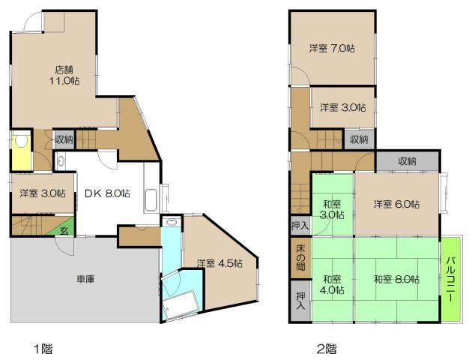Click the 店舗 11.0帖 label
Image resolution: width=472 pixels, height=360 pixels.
point(65,73)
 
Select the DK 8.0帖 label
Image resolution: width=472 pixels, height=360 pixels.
point(106,193)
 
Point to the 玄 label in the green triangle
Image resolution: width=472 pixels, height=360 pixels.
point(65,230)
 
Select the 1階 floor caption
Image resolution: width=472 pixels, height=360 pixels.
point(41,348)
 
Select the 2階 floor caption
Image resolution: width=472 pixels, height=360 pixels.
point(326,348)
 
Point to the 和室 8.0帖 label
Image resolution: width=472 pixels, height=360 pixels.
point(396,279)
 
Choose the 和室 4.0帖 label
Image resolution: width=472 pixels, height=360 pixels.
point(333,278)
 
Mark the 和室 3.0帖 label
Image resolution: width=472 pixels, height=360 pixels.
point(333,208)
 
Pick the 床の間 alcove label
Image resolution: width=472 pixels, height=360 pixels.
point(300,257)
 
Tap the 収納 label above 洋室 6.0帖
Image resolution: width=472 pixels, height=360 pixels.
point(407,160)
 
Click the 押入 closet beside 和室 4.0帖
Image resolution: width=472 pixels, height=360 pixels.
point(300,301)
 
